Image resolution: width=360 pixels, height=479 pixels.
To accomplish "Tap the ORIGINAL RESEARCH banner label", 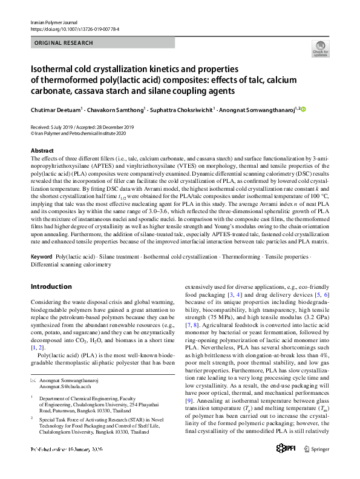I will pyautogui.click(x=64, y=43).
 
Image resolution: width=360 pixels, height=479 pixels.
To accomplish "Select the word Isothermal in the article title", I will pyautogui.click(x=53, y=70).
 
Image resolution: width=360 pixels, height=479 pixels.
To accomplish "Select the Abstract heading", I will pyautogui.click(x=42, y=150).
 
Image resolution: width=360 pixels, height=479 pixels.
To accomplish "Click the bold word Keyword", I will pyautogui.click(x=42, y=257).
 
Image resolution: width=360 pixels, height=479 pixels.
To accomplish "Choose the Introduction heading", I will pyautogui.click(x=51, y=286).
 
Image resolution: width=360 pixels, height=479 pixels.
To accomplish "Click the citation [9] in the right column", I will pyautogui.click(x=188, y=400).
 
